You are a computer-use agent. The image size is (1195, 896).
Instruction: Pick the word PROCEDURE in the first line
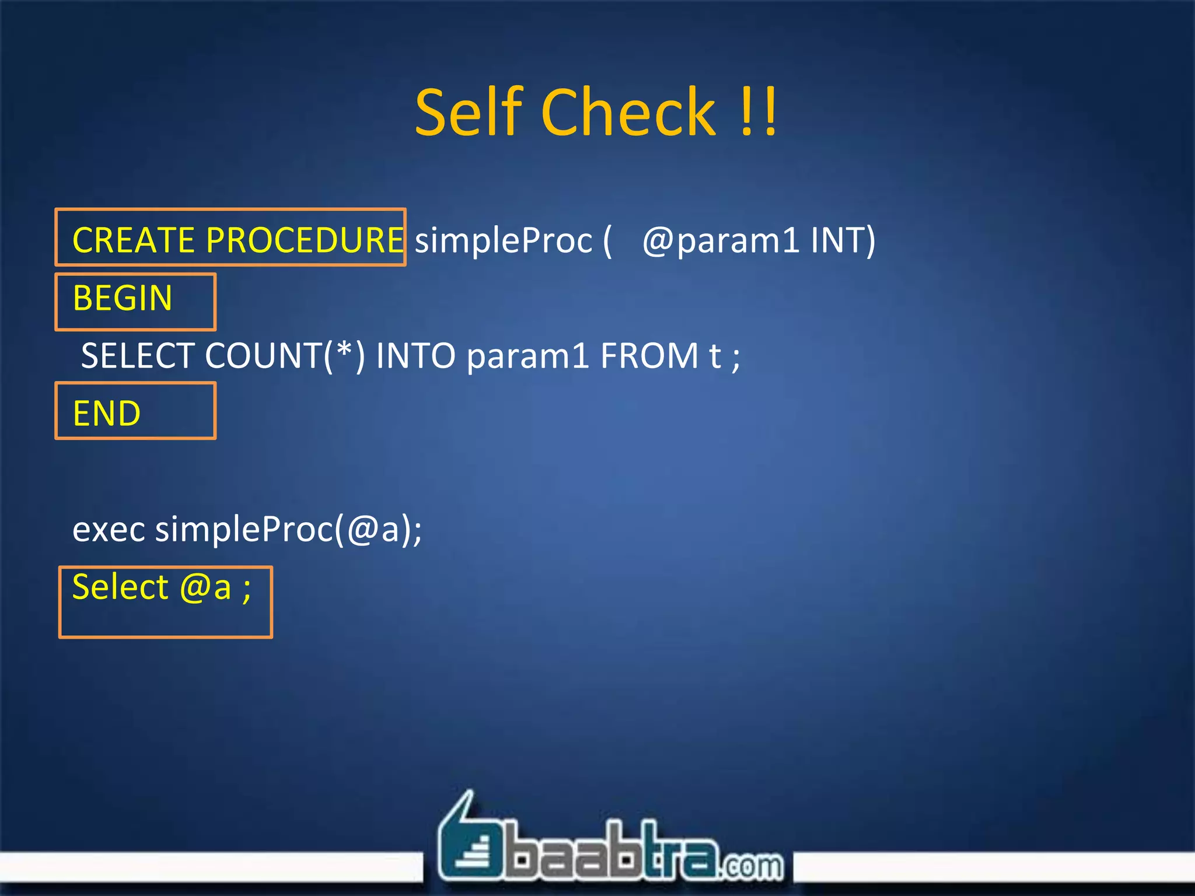pyautogui.click(x=305, y=240)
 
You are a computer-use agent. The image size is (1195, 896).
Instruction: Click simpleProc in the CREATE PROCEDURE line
pyautogui.click(x=503, y=240)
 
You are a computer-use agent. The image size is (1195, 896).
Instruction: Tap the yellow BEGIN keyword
pyautogui.click(x=123, y=298)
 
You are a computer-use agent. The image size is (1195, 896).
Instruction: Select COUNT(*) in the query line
pyautogui.click(x=285, y=356)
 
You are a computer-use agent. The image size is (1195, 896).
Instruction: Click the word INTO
pyautogui.click(x=415, y=356)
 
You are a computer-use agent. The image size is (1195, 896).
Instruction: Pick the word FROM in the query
pyautogui.click(x=649, y=356)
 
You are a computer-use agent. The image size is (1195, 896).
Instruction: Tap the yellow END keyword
pyautogui.click(x=107, y=414)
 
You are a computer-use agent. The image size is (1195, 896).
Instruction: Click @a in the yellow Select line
pyautogui.click(x=205, y=587)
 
